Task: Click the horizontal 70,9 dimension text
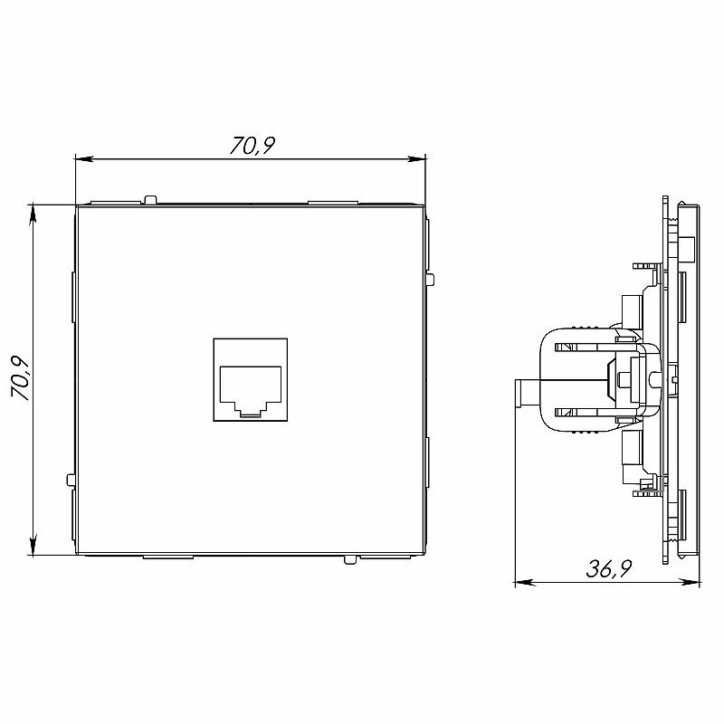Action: coord(252,146)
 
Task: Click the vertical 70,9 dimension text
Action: coord(21,378)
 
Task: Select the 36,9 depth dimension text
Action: coord(608,569)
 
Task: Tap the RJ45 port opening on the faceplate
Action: coord(251,390)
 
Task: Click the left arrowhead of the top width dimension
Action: coord(84,159)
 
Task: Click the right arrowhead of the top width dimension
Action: coord(416,159)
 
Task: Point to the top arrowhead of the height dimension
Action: coord(33,214)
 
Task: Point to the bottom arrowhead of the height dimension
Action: coord(33,546)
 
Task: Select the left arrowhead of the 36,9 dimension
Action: coord(525,583)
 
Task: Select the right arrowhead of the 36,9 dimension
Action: coord(691,583)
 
